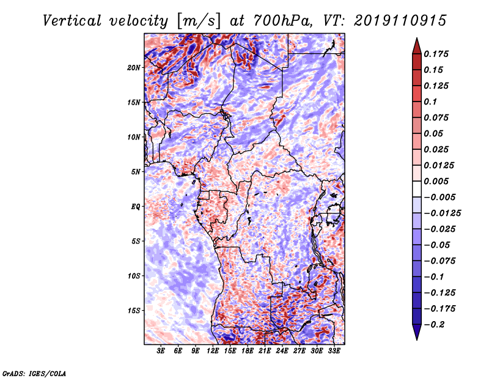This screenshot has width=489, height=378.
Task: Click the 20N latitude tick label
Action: tap(134, 67)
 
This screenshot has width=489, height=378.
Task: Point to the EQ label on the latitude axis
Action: tap(136, 207)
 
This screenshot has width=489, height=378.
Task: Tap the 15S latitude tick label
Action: tap(134, 311)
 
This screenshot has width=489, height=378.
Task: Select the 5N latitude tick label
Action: tap(136, 172)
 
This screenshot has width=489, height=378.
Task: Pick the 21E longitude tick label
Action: tap(265, 352)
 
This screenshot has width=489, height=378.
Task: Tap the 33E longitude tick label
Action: tap(334, 352)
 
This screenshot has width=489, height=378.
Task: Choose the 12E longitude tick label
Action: tap(213, 352)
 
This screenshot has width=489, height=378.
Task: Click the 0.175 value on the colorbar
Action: tap(438, 54)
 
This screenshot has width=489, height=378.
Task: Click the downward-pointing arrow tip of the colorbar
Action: tap(416, 338)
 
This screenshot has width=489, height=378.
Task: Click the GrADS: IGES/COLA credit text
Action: tap(34, 372)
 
